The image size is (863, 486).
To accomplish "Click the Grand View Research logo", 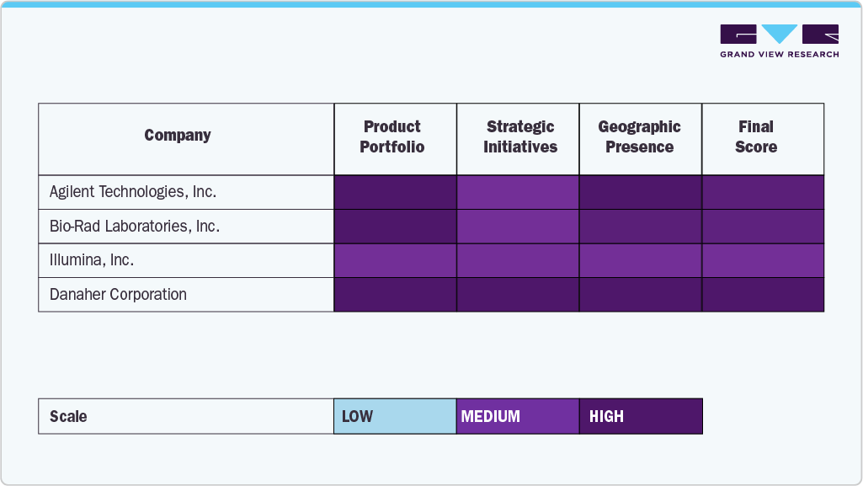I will tap(779, 41).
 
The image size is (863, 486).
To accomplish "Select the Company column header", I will tap(178, 136).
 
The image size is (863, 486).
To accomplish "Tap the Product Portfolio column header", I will tap(392, 137).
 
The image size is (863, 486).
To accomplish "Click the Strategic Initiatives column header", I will tap(520, 137).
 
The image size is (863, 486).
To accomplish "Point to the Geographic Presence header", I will tap(640, 137).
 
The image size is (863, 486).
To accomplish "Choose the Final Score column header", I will tap(756, 137).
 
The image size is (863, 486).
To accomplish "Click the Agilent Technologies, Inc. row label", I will tap(133, 192).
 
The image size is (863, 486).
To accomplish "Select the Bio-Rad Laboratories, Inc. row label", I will tap(135, 227).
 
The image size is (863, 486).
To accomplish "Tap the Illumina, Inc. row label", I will tap(92, 260).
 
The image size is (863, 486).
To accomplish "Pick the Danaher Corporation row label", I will tap(118, 295).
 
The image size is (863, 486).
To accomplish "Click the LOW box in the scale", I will tap(395, 416).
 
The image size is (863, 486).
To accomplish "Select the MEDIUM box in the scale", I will tap(518, 416).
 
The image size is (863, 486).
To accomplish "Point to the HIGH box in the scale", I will tap(641, 416).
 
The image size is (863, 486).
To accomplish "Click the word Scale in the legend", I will tap(68, 417).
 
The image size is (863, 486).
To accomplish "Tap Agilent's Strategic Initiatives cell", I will tap(518, 192).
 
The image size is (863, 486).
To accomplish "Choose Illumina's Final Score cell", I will tap(763, 260).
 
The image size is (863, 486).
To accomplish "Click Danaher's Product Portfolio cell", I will tap(395, 295).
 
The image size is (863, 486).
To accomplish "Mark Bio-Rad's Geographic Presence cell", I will tap(641, 227).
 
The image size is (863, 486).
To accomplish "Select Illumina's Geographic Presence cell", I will tap(641, 260).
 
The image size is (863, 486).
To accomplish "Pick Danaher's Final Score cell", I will tap(763, 295).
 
